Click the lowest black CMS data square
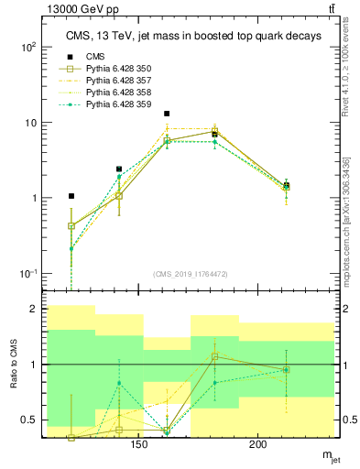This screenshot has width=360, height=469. pos(71,196)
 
